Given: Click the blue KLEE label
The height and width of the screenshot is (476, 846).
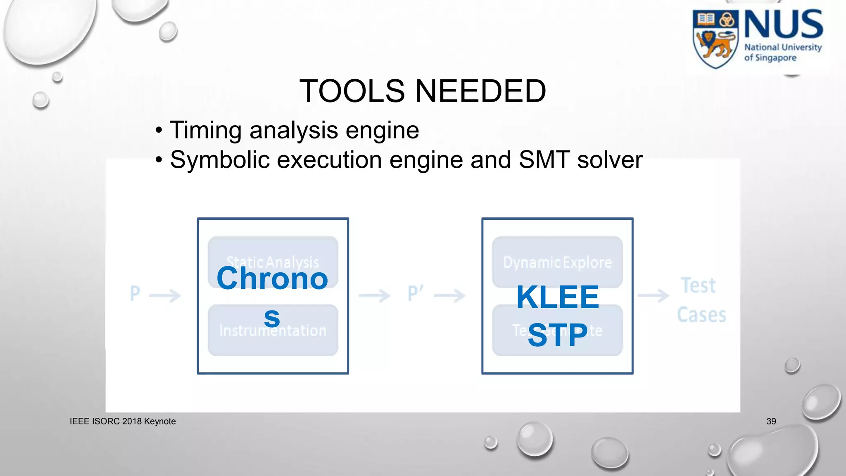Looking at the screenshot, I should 557,297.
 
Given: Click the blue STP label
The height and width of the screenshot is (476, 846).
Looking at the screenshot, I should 557,335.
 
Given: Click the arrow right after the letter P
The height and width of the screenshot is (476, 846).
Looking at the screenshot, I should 165,295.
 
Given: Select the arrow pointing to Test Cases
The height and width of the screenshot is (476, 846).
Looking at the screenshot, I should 654,295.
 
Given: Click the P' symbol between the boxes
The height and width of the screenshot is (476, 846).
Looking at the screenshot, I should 415,294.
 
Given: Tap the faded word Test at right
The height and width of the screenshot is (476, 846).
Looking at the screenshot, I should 698,286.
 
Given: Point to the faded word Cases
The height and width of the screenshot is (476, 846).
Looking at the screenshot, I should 701,315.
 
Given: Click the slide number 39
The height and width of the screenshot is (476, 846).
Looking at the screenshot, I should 771,421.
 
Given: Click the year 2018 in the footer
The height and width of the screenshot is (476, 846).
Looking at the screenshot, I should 132,421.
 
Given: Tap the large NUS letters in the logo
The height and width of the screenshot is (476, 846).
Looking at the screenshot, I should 783,24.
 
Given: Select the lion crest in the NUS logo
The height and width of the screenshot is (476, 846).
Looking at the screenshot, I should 715,40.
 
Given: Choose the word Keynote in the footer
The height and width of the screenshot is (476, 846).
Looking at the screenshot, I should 160,421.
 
